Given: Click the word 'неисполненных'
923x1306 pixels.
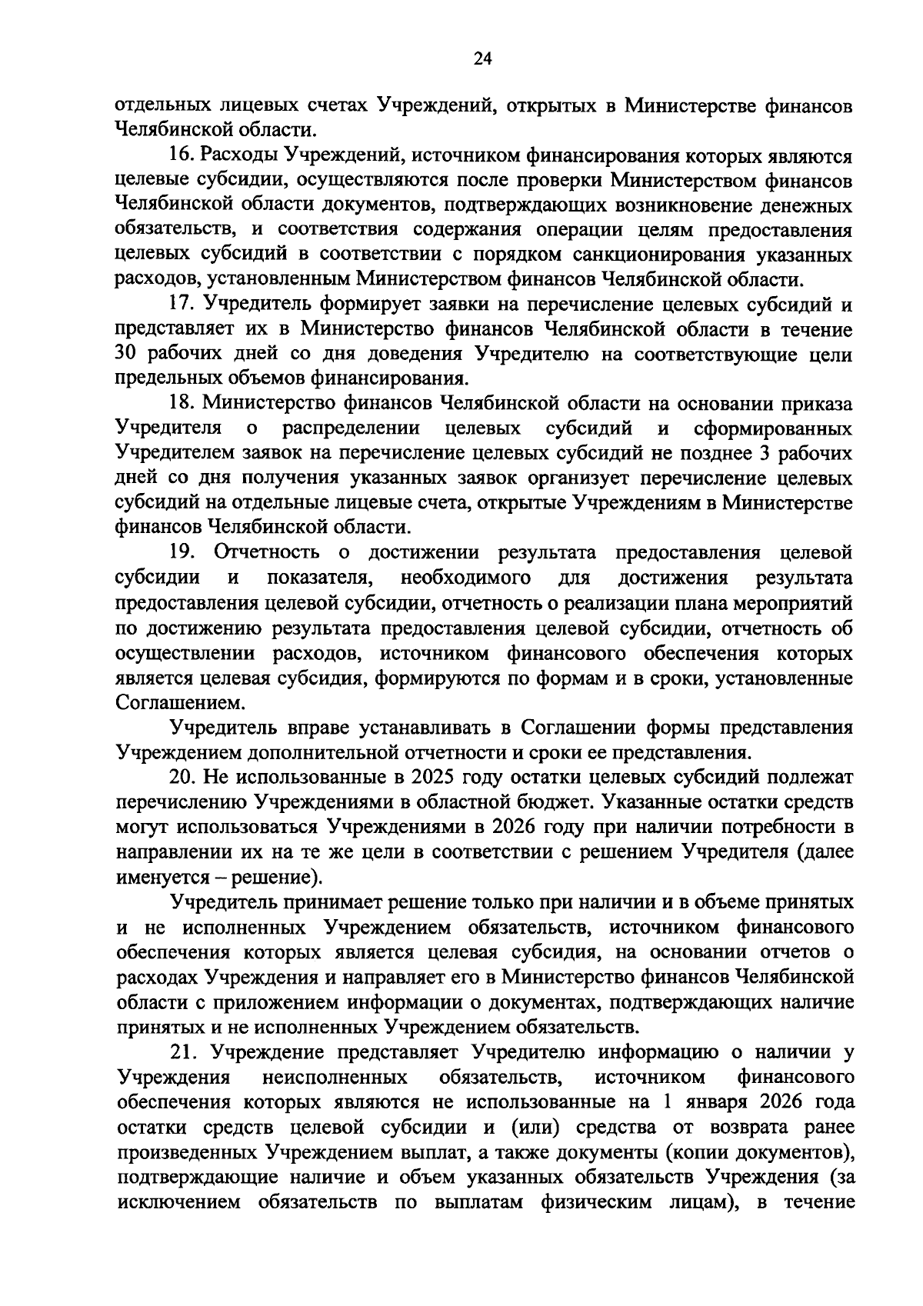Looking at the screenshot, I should (335, 1076).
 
